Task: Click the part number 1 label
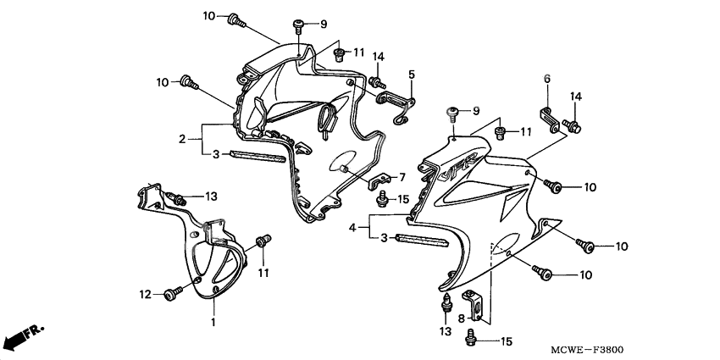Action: point(213,322)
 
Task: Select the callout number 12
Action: point(145,294)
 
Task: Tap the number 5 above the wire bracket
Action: point(412,75)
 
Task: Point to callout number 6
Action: point(547,79)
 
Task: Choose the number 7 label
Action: point(402,177)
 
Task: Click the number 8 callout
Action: point(461,318)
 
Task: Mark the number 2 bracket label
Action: point(182,139)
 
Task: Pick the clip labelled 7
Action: point(380,181)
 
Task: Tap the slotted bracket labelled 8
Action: point(473,303)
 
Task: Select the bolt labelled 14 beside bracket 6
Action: point(572,126)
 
